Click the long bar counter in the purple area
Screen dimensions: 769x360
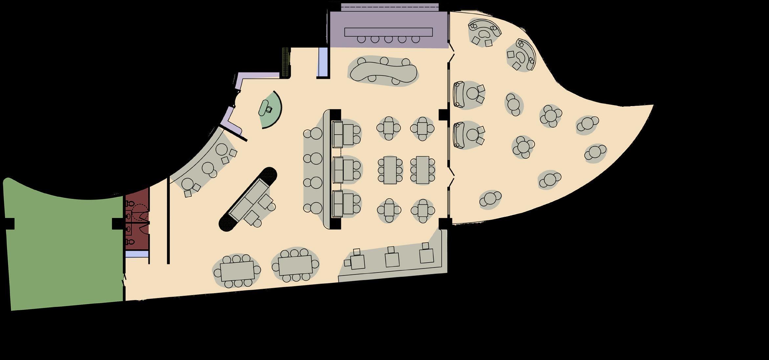tap(388, 32)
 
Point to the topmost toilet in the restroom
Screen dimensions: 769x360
tap(130, 203)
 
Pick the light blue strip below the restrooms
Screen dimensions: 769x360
tap(137, 254)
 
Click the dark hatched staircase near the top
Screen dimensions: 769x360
tap(286, 62)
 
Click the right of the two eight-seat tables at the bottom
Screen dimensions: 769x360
tap(295, 265)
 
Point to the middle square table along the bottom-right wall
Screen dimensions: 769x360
tap(392, 259)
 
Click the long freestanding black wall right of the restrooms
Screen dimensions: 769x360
tap(168, 220)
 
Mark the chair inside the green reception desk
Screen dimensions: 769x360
tap(269, 109)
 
